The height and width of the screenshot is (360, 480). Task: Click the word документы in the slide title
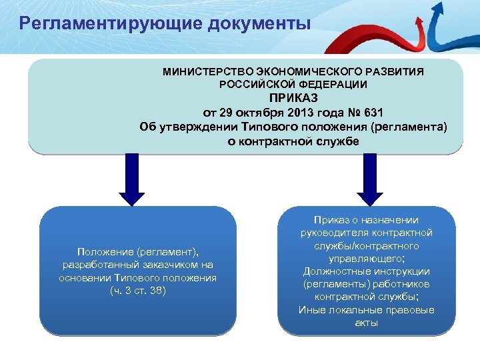click(x=260, y=25)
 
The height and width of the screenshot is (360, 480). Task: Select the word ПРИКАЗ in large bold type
click(x=293, y=98)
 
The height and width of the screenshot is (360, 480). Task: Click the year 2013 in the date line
click(x=303, y=112)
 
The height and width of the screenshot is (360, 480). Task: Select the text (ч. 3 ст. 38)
click(x=137, y=291)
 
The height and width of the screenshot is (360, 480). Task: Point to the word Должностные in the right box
click(x=333, y=271)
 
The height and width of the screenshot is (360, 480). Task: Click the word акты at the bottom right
click(x=366, y=323)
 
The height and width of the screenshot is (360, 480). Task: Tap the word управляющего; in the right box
click(x=366, y=259)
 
